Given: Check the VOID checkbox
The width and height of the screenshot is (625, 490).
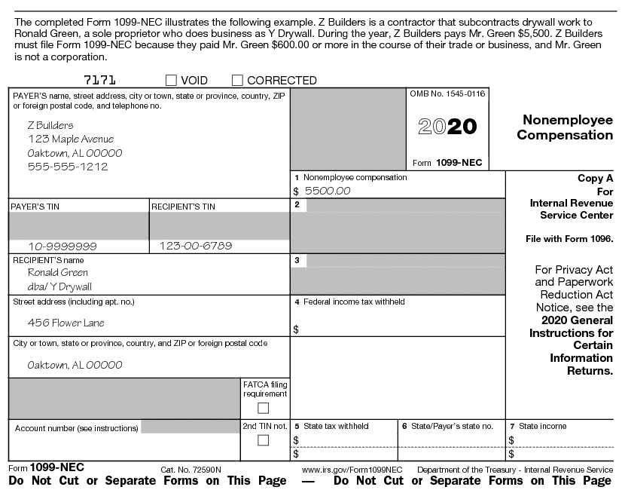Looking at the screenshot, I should (171, 80).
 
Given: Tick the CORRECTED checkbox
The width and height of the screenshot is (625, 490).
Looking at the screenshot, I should (237, 80).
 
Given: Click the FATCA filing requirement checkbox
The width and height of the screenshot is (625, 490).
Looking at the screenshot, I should (264, 408).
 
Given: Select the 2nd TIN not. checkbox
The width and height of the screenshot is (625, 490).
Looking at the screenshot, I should (264, 440).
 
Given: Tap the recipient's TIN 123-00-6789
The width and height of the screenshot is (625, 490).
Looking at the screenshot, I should (196, 246).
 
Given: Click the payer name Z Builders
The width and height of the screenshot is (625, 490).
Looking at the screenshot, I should (50, 125).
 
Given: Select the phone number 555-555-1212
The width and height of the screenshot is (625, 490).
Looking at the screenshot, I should (68, 167).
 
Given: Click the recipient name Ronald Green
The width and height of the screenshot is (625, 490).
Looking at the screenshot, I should (58, 273).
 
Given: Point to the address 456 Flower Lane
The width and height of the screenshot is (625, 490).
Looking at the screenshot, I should (66, 323).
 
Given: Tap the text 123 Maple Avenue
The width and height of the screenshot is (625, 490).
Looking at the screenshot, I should (71, 139).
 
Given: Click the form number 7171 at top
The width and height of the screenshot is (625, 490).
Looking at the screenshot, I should (99, 80).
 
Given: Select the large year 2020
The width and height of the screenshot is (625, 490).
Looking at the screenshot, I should (447, 126).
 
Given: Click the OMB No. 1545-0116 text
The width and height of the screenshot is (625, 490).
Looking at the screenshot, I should (447, 93).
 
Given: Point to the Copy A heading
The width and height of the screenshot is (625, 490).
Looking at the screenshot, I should (595, 179).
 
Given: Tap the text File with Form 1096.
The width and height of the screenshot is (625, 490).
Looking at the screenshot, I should (569, 239).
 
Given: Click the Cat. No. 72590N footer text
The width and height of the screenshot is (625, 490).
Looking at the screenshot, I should (187, 470).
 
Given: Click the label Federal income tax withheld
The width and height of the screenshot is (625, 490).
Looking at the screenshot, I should (354, 302).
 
